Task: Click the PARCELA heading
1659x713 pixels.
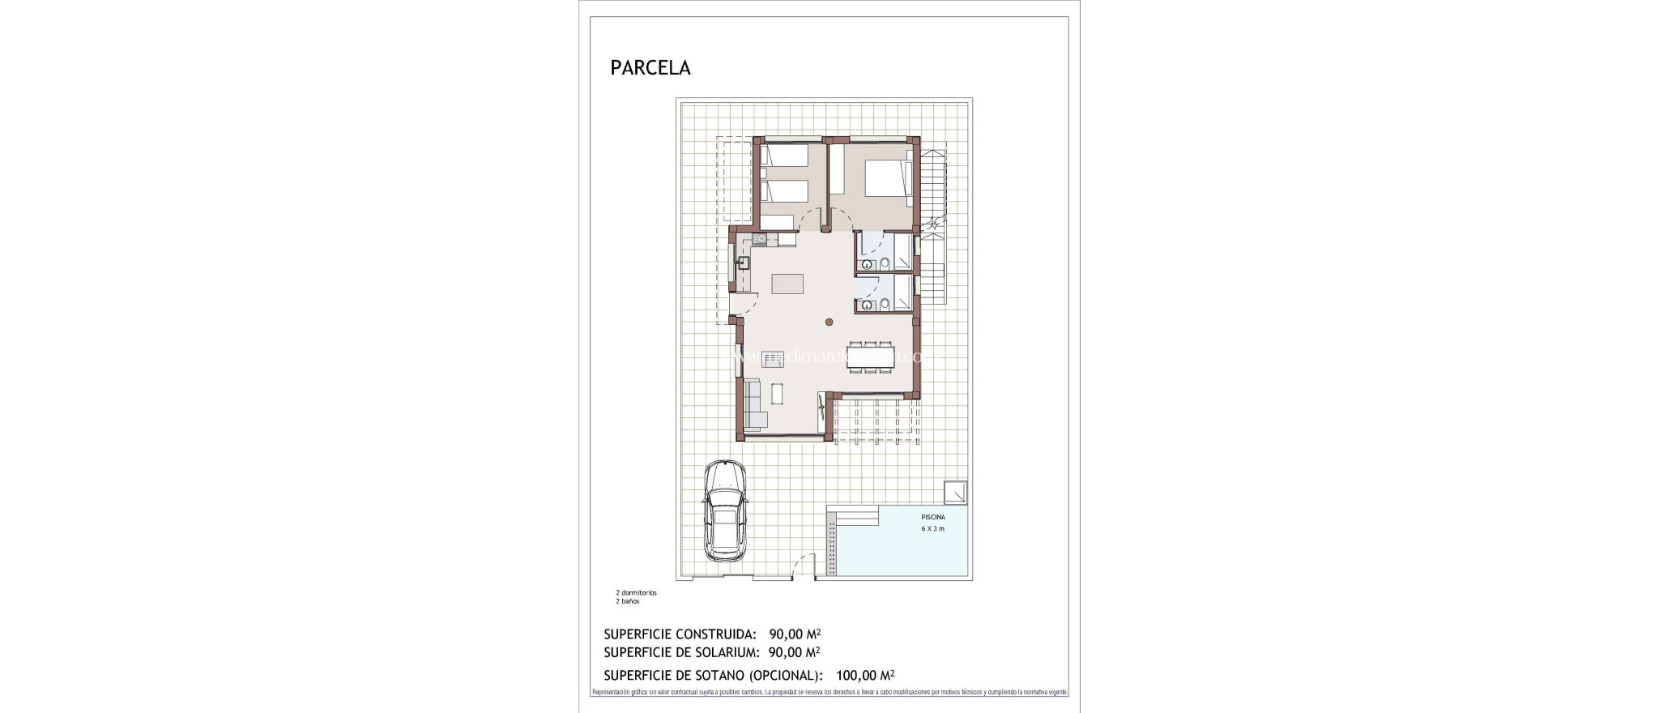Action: coord(650,68)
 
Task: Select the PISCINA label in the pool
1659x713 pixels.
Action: coord(932,517)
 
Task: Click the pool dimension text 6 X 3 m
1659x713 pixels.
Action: coord(932,529)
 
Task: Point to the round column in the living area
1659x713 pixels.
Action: coord(829,322)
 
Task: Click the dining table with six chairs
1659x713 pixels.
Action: coord(871,357)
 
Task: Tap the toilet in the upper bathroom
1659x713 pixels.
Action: coord(885,263)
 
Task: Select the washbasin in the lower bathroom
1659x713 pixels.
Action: coord(867,305)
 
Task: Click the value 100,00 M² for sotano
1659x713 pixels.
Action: coord(865,675)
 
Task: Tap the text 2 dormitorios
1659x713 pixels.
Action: coord(636,593)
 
